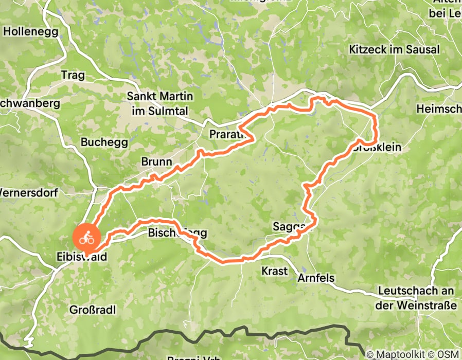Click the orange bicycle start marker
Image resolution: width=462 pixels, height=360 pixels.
(x=86, y=238)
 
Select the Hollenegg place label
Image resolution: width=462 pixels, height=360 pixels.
(x=28, y=31)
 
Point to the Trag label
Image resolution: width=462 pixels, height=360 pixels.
(x=73, y=75)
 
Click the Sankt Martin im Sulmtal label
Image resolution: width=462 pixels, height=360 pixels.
(x=160, y=103)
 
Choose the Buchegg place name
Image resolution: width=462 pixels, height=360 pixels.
(x=100, y=141)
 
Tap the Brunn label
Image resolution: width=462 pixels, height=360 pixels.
(x=156, y=162)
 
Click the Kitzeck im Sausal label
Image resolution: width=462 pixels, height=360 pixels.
(x=394, y=50)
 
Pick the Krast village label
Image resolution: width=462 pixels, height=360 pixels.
(x=274, y=271)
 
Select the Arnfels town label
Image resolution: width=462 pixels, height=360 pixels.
(x=316, y=278)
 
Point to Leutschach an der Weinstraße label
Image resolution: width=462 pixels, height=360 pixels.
(x=417, y=298)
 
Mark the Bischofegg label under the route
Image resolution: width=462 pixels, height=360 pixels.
(x=177, y=233)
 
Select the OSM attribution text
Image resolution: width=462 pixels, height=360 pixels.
(x=449, y=354)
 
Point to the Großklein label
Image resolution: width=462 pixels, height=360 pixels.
(x=378, y=148)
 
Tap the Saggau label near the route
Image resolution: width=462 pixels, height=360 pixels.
(x=292, y=227)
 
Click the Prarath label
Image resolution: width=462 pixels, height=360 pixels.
(x=226, y=135)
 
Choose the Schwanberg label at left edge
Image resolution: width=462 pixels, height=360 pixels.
(x=30, y=103)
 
